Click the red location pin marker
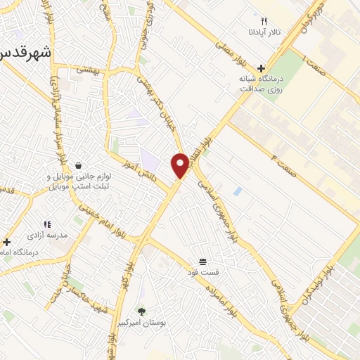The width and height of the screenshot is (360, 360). [x=181, y=165]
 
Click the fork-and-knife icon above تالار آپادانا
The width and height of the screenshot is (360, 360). [x=264, y=21]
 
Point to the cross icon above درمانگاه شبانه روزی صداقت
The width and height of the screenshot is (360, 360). [x=261, y=69]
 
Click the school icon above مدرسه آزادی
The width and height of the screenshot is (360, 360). [x=47, y=224]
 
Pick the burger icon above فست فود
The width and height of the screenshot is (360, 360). [x=202, y=261]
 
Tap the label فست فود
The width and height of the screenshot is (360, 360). [x=202, y=271]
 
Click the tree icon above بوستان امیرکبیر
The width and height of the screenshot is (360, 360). [x=143, y=310]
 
